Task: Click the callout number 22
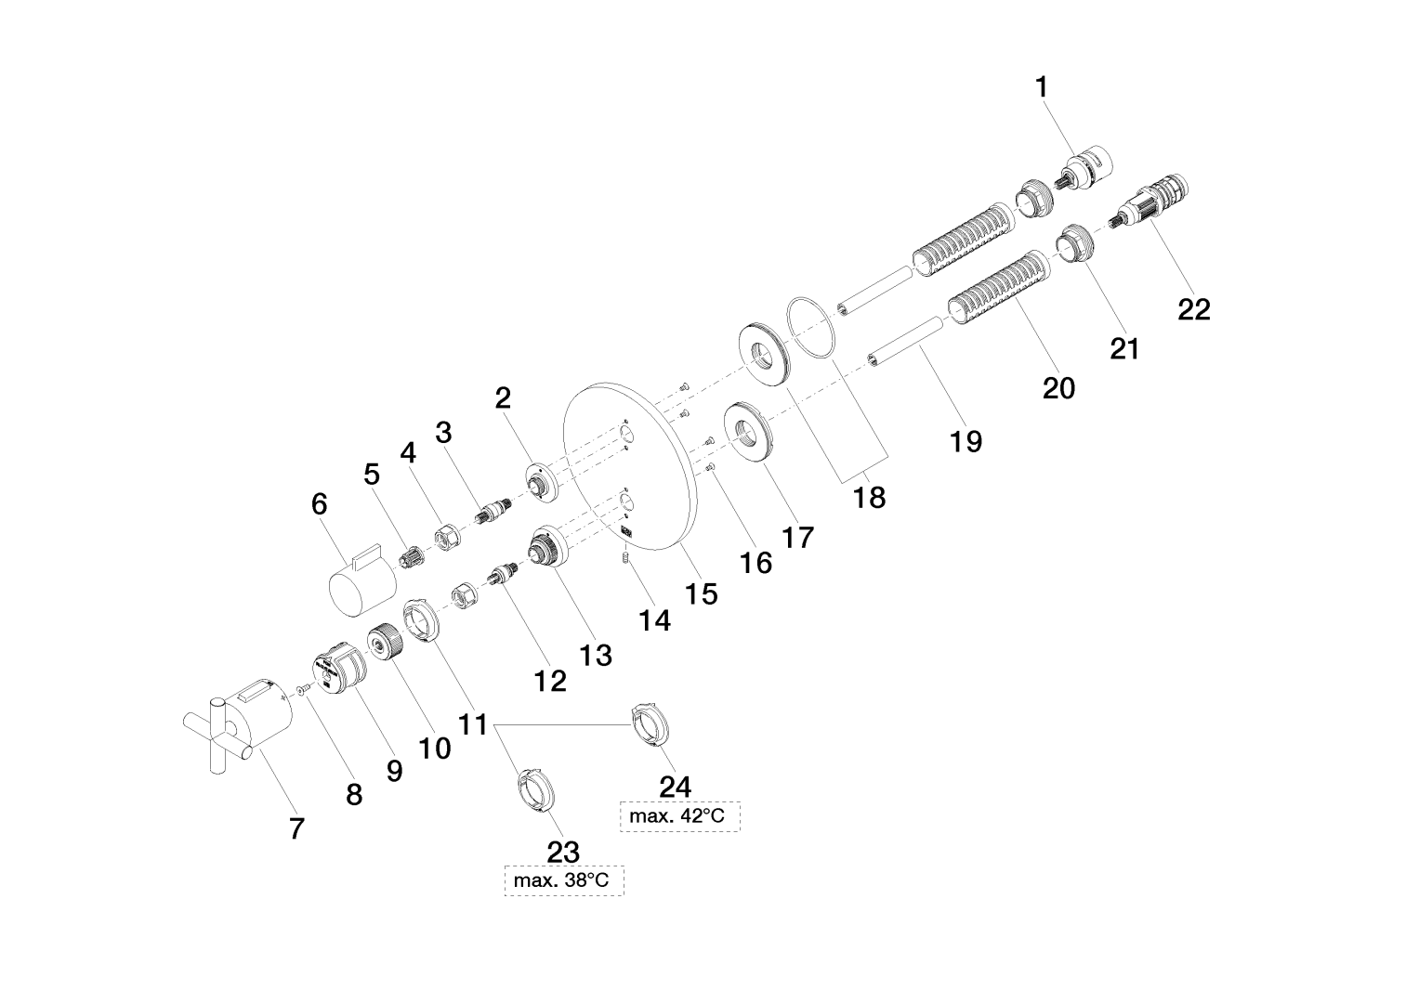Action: coord(1194,309)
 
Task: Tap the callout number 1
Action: coord(1042,87)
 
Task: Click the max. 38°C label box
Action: coord(563,879)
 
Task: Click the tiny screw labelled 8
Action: coord(302,688)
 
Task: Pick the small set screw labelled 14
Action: coord(624,557)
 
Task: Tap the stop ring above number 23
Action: coord(534,790)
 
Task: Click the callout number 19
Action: coord(966,440)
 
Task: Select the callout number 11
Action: coord(474,724)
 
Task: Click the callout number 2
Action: coord(503,398)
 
